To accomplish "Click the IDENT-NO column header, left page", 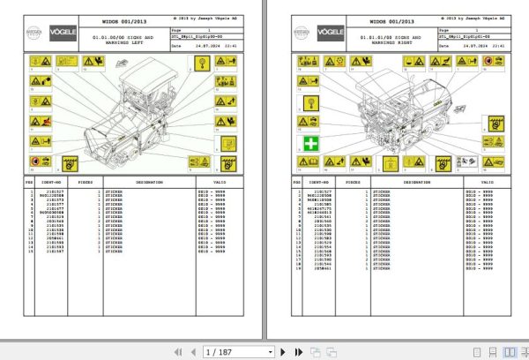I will [62, 183].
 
